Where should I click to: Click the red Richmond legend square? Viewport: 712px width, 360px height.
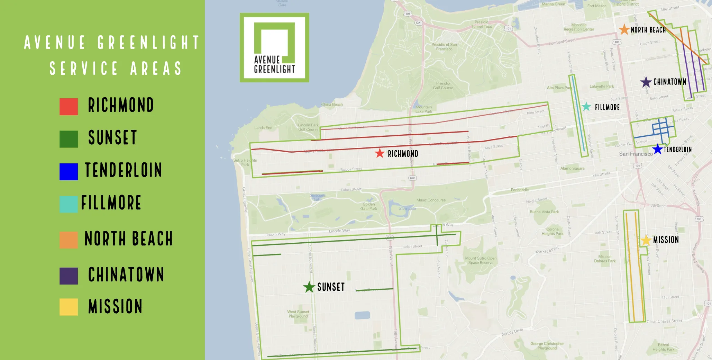pyautogui.click(x=69, y=107)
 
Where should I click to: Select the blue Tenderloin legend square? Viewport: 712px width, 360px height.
pyautogui.click(x=69, y=172)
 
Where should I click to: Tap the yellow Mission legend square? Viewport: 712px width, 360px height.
pyautogui.click(x=69, y=307)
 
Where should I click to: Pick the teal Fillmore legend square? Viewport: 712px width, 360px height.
pyautogui.click(x=69, y=204)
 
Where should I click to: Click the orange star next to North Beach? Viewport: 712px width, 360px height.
pyautogui.click(x=624, y=30)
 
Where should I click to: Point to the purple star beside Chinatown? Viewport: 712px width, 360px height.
pyautogui.click(x=646, y=82)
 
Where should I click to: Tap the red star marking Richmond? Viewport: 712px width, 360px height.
pyautogui.click(x=380, y=153)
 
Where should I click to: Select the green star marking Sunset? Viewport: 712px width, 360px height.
pyautogui.click(x=309, y=287)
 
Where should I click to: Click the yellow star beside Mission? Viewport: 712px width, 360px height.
pyautogui.click(x=646, y=240)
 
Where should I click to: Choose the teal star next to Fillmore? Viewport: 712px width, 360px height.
pyautogui.click(x=586, y=107)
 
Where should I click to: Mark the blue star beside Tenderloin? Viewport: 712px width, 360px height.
pyautogui.click(x=657, y=149)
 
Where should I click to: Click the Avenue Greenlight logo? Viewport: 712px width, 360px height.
pyautogui.click(x=274, y=48)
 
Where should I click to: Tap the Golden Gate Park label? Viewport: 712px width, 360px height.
pyautogui.click(x=368, y=206)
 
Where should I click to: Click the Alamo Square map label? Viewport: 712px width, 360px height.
pyautogui.click(x=572, y=169)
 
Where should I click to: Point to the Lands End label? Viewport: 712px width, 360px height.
pyautogui.click(x=263, y=128)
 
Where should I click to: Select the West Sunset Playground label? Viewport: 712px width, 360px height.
pyautogui.click(x=298, y=314)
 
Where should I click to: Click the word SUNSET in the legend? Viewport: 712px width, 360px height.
pyautogui.click(x=113, y=137)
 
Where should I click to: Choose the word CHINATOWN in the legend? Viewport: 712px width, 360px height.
pyautogui.click(x=126, y=274)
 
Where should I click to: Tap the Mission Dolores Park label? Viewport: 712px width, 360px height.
pyautogui.click(x=605, y=259)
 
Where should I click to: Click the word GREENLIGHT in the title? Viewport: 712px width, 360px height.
pyautogui.click(x=148, y=43)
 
